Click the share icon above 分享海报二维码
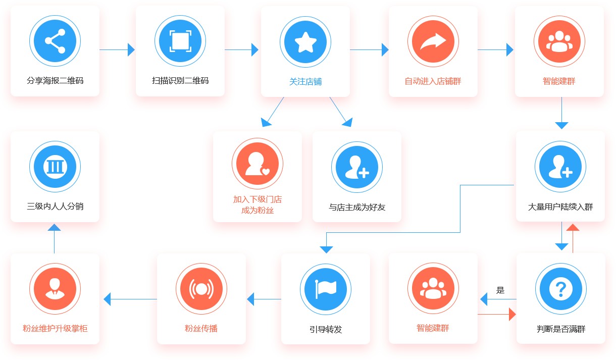[x=55, y=41]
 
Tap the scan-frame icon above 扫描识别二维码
[x=180, y=41]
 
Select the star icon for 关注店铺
[x=305, y=42]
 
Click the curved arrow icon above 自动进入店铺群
[x=433, y=41]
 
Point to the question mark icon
[x=560, y=289]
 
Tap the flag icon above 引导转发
[x=326, y=289]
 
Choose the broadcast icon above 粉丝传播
[x=201, y=289]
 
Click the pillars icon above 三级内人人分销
[x=55, y=167]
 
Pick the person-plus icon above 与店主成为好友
[x=357, y=167]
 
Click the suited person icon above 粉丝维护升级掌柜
[x=55, y=289]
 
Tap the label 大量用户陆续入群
[x=560, y=207]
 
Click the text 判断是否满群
[x=561, y=329]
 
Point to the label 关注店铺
[x=305, y=82]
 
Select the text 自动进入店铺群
[x=433, y=81]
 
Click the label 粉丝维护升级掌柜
[x=55, y=329]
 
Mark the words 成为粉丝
[x=258, y=211]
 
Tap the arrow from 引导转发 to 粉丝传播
[x=264, y=299]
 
